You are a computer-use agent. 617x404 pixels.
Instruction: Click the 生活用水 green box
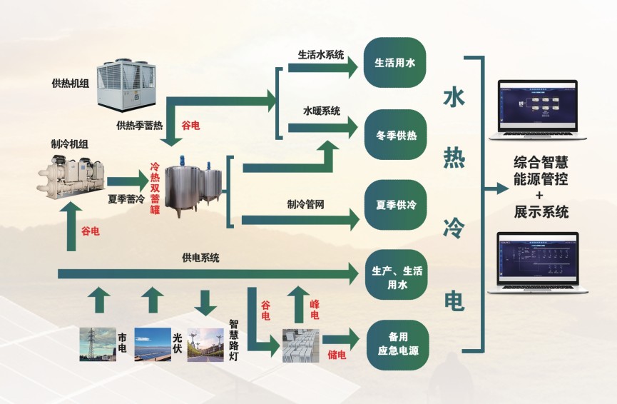pyautogui.click(x=395, y=63)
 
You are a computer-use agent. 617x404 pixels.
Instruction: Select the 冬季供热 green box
pyautogui.click(x=395, y=134)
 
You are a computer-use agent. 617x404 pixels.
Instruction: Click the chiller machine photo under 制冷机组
pyautogui.click(x=71, y=174)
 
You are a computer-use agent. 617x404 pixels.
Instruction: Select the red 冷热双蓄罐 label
pyautogui.click(x=153, y=187)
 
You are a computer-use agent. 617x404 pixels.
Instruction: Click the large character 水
pyautogui.click(x=454, y=98)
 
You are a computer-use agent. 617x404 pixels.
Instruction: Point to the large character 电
pyautogui.click(x=454, y=301)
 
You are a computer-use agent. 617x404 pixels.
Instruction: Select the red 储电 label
pyautogui.click(x=336, y=354)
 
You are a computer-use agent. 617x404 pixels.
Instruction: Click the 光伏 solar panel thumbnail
pyautogui.click(x=152, y=344)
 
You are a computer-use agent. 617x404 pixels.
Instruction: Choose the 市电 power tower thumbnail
pyautogui.click(x=96, y=344)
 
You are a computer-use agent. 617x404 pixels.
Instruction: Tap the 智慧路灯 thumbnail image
pyautogui.click(x=205, y=344)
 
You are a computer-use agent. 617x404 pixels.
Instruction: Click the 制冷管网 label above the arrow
pyautogui.click(x=306, y=204)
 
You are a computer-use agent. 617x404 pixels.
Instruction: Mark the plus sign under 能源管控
pyautogui.click(x=539, y=195)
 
